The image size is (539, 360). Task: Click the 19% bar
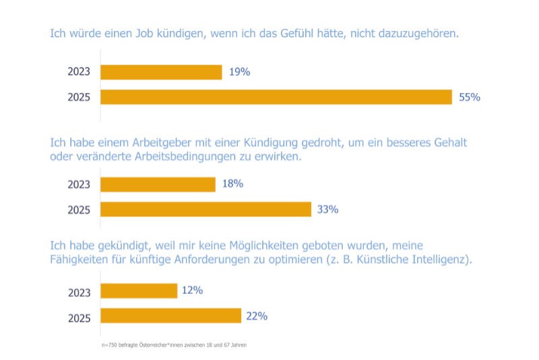(161, 72)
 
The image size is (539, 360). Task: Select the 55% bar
(276, 97)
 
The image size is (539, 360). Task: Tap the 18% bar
(158, 184)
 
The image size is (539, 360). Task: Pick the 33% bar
(205, 209)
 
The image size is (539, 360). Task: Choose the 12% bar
(139, 291)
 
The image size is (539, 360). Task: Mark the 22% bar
(170, 316)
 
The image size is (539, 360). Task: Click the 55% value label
(469, 97)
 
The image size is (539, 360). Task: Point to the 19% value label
(239, 72)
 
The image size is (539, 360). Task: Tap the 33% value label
(327, 209)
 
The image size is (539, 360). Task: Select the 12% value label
(192, 291)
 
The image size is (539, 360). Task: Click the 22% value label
(257, 316)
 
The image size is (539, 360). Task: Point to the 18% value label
(232, 183)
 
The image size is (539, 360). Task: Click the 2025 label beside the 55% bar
(79, 97)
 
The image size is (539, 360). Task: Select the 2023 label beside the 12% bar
(79, 292)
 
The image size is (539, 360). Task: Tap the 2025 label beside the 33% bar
(79, 210)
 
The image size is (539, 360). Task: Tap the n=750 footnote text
(174, 345)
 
